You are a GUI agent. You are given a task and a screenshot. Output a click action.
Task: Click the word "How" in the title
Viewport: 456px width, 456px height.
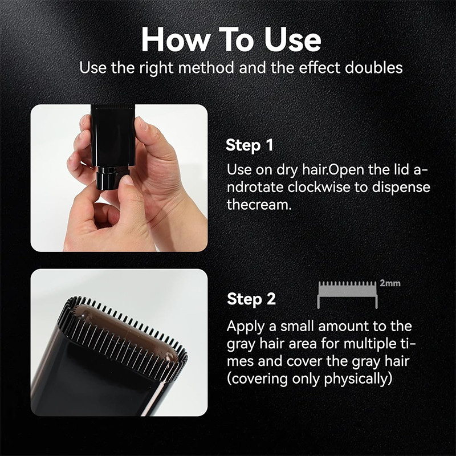coord(176,39)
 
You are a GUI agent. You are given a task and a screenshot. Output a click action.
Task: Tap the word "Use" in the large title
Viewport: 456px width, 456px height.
coord(292,39)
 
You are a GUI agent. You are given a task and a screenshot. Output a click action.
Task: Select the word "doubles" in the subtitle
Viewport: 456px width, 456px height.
coord(374,67)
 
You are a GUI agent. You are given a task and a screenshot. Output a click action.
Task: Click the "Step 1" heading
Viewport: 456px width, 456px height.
coord(250,145)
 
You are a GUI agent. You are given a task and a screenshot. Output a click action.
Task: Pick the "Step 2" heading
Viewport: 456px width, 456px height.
coord(251,299)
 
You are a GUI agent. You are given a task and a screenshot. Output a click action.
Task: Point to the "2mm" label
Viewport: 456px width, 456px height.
coord(390,283)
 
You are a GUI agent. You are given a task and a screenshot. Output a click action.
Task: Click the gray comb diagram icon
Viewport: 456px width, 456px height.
coord(347,295)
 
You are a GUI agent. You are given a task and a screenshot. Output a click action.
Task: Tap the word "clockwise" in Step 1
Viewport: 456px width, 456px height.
coord(319,187)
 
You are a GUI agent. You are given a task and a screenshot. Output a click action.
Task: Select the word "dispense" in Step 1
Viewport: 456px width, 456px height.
coord(401,188)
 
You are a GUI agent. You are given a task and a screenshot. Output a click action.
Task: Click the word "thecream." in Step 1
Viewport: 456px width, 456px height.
coord(259,205)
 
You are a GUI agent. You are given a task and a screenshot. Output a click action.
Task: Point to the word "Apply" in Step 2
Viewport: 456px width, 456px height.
coord(246,327)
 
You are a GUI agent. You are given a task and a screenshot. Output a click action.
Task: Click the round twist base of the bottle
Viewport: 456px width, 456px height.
coord(112,177)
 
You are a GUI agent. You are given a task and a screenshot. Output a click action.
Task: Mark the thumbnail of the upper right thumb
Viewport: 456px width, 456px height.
coord(142,123)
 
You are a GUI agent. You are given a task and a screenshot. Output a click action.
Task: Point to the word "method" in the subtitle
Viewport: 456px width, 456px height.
coord(206,67)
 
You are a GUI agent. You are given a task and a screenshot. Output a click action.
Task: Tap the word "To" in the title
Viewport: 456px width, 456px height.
coord(237,39)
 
